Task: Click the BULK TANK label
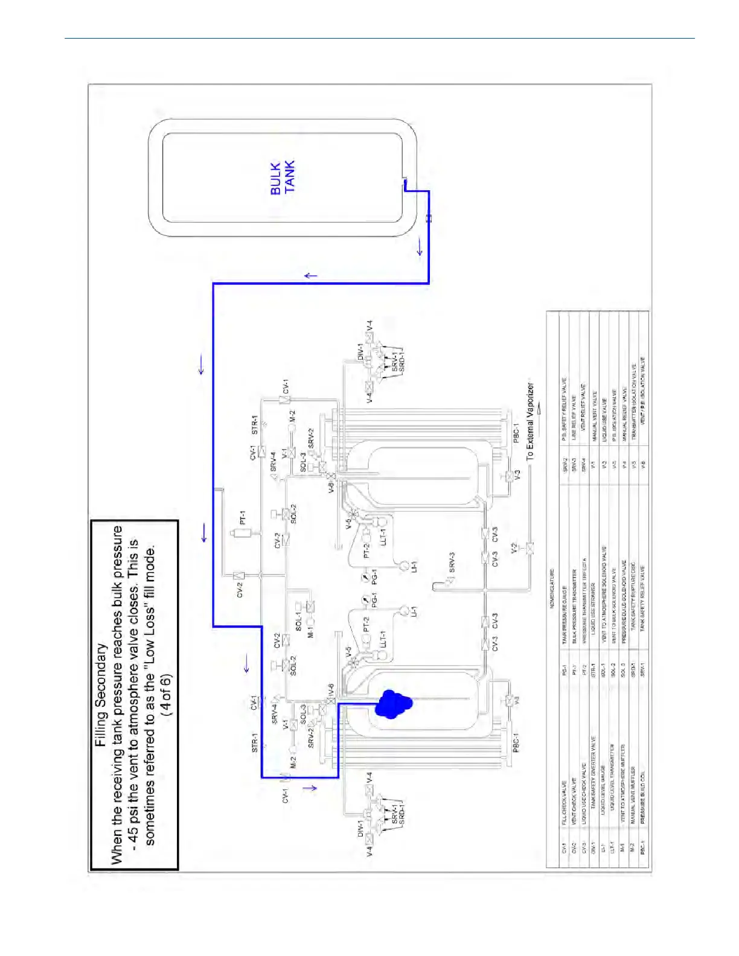tap(283, 177)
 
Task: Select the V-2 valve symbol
tap(529, 548)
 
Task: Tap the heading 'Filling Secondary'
tap(101, 694)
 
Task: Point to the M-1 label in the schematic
tap(310, 631)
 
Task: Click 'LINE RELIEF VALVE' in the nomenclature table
tap(574, 412)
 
